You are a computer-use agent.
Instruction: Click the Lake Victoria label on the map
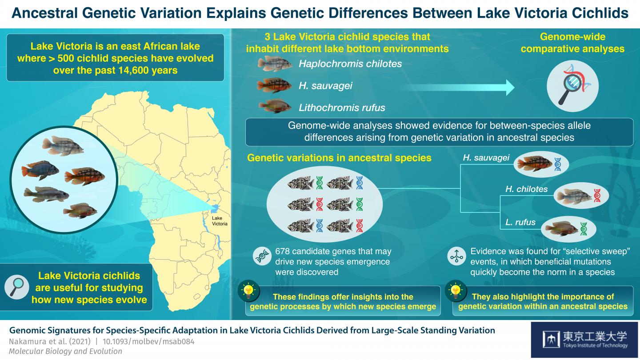(220, 221)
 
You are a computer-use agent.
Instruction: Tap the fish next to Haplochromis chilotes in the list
(275, 64)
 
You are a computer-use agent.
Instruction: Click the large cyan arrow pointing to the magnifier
(457, 88)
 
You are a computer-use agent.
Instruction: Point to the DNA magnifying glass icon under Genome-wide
(572, 86)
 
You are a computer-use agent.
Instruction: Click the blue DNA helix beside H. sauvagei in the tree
(558, 164)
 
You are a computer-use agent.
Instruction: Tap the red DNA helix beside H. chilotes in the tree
(597, 196)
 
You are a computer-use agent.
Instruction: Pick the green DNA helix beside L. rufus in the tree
(584, 229)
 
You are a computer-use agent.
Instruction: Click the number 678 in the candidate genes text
(282, 252)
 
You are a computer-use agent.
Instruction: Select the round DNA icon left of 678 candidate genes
(262, 256)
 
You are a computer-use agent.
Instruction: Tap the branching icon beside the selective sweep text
(456, 256)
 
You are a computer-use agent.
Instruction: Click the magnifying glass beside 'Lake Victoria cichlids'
(16, 287)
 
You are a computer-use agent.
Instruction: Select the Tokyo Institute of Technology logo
(584, 340)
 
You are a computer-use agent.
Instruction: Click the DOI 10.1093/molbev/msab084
(148, 341)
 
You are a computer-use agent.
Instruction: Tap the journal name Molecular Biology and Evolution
(65, 352)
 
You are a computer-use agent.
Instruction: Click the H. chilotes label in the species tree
(527, 189)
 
